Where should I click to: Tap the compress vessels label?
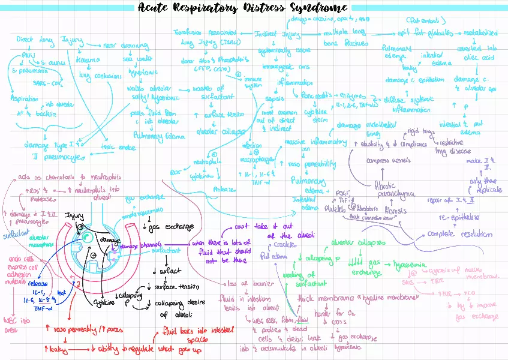[388, 160]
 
